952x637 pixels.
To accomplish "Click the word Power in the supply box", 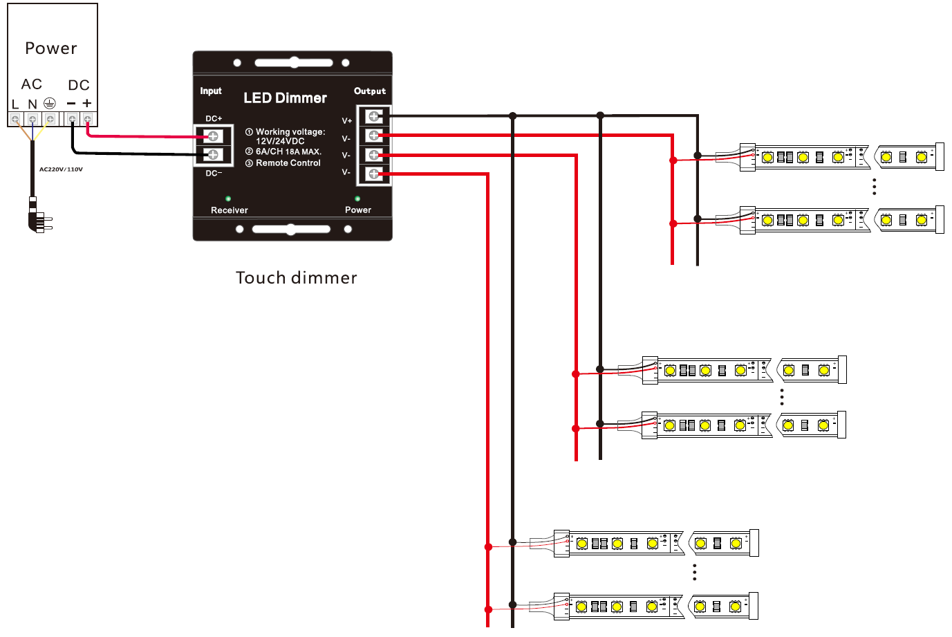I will pos(50,48).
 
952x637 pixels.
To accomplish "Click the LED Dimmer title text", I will pos(285,98).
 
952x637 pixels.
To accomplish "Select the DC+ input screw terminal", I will pos(213,136).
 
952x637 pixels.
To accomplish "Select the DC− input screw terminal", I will pos(213,154).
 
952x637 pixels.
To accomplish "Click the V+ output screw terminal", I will pos(374,116).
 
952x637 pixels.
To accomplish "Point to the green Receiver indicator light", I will pos(228,199).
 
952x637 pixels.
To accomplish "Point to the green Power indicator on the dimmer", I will pos(357,199).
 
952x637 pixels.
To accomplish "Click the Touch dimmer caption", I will pos(296,278).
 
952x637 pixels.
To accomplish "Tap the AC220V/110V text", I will pos(61,169).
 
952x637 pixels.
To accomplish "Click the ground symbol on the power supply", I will pos(50,103).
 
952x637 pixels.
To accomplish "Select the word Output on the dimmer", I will pos(370,91).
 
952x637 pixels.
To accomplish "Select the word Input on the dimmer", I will pos(211,91).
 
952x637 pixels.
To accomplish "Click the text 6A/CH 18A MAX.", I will pos(288,151).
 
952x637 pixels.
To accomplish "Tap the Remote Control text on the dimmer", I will pos(288,163).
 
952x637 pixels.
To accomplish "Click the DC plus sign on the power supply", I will pos(87,103).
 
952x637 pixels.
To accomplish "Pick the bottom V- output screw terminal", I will pos(374,174).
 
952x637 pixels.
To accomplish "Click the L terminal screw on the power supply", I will pos(15,120).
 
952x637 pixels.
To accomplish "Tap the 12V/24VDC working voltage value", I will pos(280,141).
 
